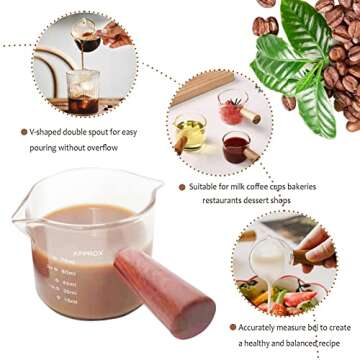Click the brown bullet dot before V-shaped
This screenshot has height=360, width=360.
23,132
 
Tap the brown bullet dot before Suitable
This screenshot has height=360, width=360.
182,186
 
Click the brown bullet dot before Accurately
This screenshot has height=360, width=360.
232,326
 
